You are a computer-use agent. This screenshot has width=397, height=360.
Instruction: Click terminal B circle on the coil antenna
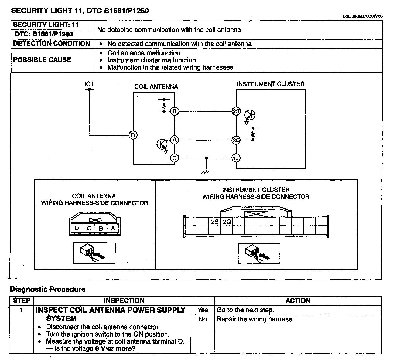pyautogui.click(x=174, y=111)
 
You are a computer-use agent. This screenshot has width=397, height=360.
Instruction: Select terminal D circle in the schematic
pyautogui.click(x=133, y=135)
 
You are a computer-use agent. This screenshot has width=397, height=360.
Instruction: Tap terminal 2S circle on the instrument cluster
pyautogui.click(x=236, y=111)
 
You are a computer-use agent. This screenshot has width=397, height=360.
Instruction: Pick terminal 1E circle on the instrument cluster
pyautogui.click(x=236, y=158)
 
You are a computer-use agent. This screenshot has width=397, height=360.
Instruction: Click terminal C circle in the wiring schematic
pyautogui.click(x=174, y=158)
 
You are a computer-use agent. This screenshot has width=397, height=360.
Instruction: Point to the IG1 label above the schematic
pyautogui.click(x=89, y=84)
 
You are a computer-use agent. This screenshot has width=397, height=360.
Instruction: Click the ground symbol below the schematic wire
pyautogui.click(x=206, y=172)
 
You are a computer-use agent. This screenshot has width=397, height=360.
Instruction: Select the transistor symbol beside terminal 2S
pyautogui.click(x=250, y=115)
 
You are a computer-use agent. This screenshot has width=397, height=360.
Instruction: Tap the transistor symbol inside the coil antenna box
pyautogui.click(x=162, y=144)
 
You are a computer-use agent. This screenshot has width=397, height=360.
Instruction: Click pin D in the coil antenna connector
pyautogui.click(x=77, y=228)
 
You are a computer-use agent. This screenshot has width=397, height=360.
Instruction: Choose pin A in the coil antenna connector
pyautogui.click(x=113, y=228)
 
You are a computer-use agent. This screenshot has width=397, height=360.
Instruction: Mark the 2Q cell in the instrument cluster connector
pyautogui.click(x=227, y=222)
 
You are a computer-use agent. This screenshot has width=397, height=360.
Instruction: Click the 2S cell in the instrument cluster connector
pyautogui.click(x=215, y=222)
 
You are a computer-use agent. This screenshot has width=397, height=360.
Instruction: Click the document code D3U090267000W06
pyautogui.click(x=362, y=16)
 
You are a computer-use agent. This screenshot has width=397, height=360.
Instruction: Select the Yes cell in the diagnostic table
pyautogui.click(x=203, y=310)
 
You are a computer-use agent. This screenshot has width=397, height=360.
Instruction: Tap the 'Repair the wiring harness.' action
pyautogui.click(x=255, y=319)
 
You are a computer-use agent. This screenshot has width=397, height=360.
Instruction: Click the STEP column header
pyautogui.click(x=22, y=301)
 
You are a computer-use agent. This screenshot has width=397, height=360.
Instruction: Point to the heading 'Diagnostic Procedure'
pyautogui.click(x=48, y=289)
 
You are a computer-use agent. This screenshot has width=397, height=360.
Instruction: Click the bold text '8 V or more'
pyautogui.click(x=115, y=348)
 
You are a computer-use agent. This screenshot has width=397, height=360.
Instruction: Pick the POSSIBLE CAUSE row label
pyautogui.click(x=42, y=60)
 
